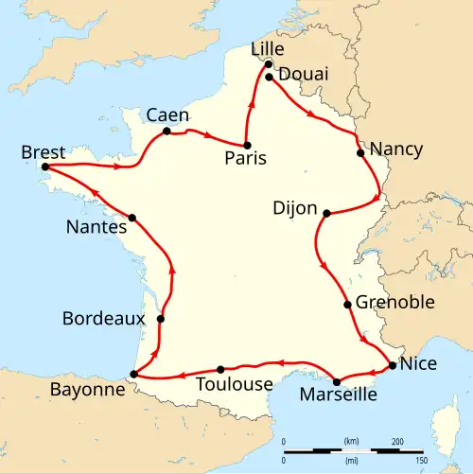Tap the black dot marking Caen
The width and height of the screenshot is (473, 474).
pos(166,132)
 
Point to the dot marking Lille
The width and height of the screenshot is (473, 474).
pos(269,64)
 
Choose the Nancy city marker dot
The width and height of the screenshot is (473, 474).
pos(359,152)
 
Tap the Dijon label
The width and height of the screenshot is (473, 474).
pos(294,209)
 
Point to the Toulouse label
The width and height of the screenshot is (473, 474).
pos(233,384)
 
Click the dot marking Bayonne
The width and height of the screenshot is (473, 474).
pos(133,375)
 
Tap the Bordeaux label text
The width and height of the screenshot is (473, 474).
pos(103,319)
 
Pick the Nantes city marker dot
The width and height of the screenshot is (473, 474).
pos(132,218)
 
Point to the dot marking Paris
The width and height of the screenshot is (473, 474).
pos(247,146)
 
